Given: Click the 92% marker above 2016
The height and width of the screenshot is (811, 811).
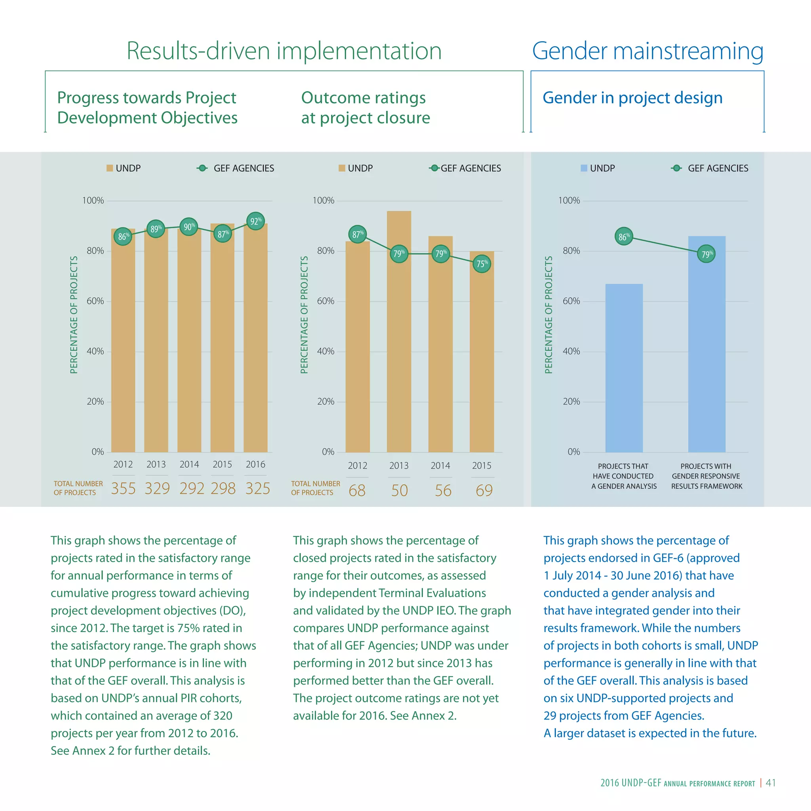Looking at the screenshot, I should click(255, 221).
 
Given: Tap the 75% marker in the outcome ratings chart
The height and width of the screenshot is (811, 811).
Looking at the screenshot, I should click(482, 264).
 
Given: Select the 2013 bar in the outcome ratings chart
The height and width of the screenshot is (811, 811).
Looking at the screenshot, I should click(399, 336).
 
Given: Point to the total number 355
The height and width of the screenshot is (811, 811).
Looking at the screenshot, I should click(123, 488).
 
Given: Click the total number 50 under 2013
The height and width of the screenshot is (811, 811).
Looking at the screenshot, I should click(399, 490).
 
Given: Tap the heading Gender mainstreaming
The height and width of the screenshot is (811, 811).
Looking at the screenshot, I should click(647, 51).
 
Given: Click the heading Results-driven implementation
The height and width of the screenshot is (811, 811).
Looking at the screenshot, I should click(284, 51).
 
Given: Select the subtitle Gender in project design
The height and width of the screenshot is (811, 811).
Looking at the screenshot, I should click(632, 98).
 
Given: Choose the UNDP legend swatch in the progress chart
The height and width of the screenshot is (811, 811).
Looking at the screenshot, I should click(110, 168).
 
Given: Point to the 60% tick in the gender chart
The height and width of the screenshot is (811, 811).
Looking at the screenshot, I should click(571, 301).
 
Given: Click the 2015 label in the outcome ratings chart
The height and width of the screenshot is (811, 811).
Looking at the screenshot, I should click(482, 466).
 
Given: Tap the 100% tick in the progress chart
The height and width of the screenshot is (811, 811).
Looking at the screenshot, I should click(93, 201).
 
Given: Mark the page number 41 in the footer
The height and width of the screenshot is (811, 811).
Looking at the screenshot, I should click(770, 783).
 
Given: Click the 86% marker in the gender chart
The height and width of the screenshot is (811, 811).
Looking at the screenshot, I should click(624, 237).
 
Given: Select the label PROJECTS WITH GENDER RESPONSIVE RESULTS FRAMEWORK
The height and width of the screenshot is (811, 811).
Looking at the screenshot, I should click(706, 476).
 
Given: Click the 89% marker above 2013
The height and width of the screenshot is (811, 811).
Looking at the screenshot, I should click(156, 229).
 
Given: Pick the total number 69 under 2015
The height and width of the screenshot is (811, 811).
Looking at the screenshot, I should click(484, 490).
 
